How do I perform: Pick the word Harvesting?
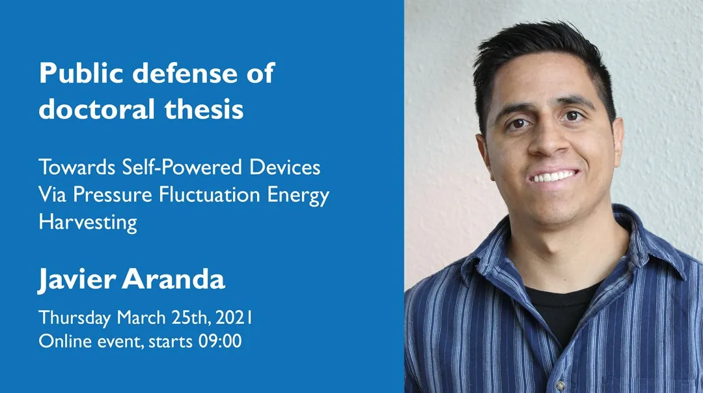click(88, 222)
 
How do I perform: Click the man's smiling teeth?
click(553, 177)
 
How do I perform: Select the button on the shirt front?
click(559, 386)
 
